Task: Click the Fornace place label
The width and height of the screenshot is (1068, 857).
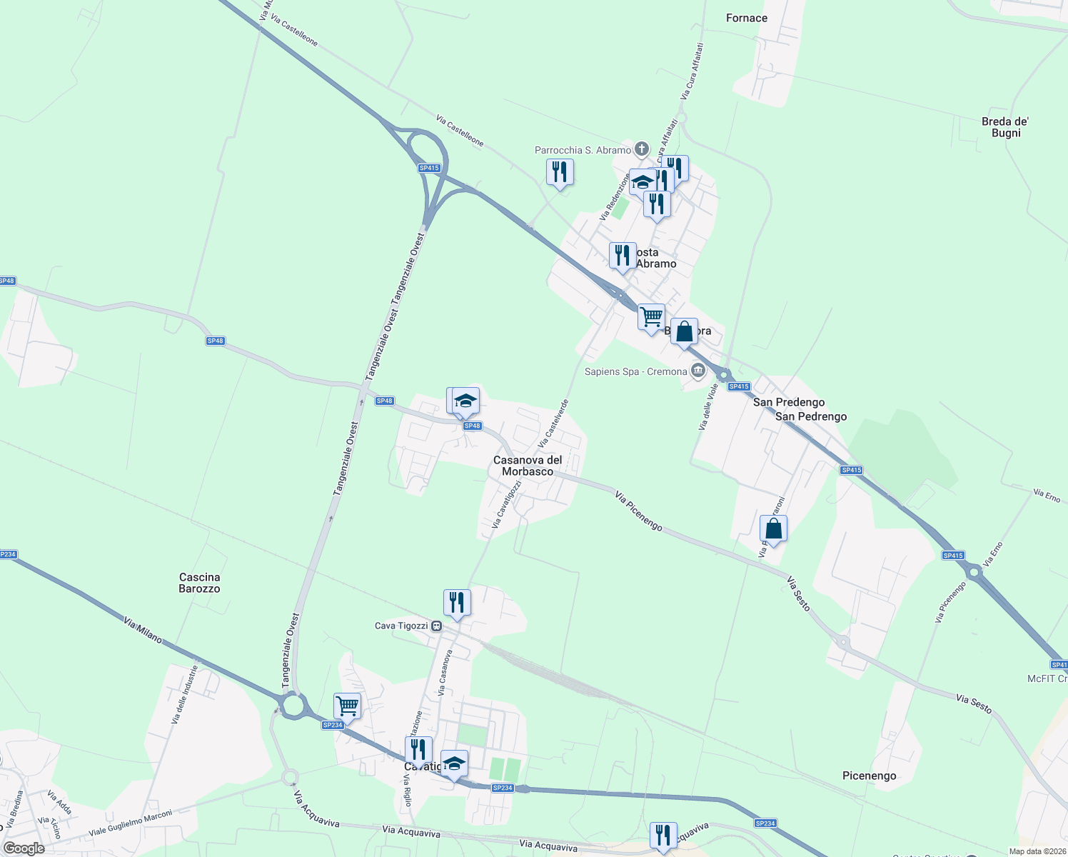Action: coord(747,18)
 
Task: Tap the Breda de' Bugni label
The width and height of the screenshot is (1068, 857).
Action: coord(1005,127)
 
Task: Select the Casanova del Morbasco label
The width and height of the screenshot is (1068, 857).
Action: coord(528,466)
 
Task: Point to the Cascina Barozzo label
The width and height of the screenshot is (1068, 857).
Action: coord(199,583)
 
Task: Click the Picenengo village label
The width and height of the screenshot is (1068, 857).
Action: coord(869,776)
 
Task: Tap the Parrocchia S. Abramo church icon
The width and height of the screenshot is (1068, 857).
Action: coord(642,149)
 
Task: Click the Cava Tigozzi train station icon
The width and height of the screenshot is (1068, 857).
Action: coord(436,626)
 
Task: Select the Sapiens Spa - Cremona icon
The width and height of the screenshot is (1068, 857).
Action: coord(697,371)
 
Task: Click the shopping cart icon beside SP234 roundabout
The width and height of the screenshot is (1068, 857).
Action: coord(347,706)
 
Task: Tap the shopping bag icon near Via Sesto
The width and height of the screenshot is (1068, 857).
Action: coord(773,529)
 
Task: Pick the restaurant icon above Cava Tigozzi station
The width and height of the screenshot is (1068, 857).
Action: coord(457,602)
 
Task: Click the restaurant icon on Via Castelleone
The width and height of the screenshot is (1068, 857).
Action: coord(560,171)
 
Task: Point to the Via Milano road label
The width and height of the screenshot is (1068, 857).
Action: coord(143,631)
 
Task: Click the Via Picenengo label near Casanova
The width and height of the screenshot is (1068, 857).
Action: coord(638,511)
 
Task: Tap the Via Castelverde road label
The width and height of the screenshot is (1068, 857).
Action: coord(554,424)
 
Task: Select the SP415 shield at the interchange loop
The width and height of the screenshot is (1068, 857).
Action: coord(429,168)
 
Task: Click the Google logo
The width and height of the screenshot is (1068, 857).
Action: coord(24,848)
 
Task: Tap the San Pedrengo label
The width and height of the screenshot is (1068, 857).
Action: coord(811,416)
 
